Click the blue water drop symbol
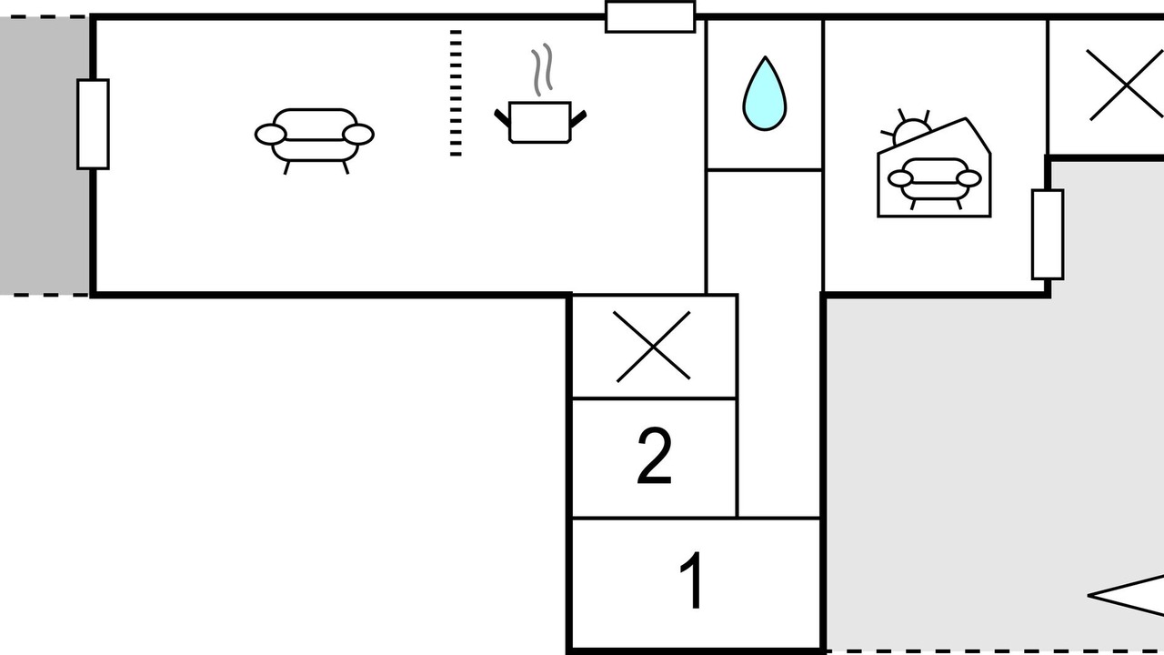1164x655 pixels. (x=765, y=94)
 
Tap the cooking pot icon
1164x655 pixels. (x=540, y=122)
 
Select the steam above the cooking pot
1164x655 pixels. (x=541, y=70)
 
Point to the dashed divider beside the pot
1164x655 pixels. (x=456, y=93)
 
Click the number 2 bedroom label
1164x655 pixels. (x=654, y=456)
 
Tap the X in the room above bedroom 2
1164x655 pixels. (x=653, y=347)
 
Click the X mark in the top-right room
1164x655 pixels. (x=1125, y=85)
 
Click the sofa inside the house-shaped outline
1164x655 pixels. (x=934, y=183)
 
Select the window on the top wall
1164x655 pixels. (x=650, y=17)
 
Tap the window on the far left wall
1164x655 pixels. (x=93, y=125)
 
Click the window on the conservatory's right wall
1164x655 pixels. (x=1048, y=235)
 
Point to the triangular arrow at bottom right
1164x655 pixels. (x=1126, y=596)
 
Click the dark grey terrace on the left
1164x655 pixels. (x=44, y=156)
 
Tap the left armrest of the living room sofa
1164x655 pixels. (x=270, y=135)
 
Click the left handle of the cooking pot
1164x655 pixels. (x=502, y=118)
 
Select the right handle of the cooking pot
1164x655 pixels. (x=578, y=118)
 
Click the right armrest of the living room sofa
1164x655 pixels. (x=358, y=135)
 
